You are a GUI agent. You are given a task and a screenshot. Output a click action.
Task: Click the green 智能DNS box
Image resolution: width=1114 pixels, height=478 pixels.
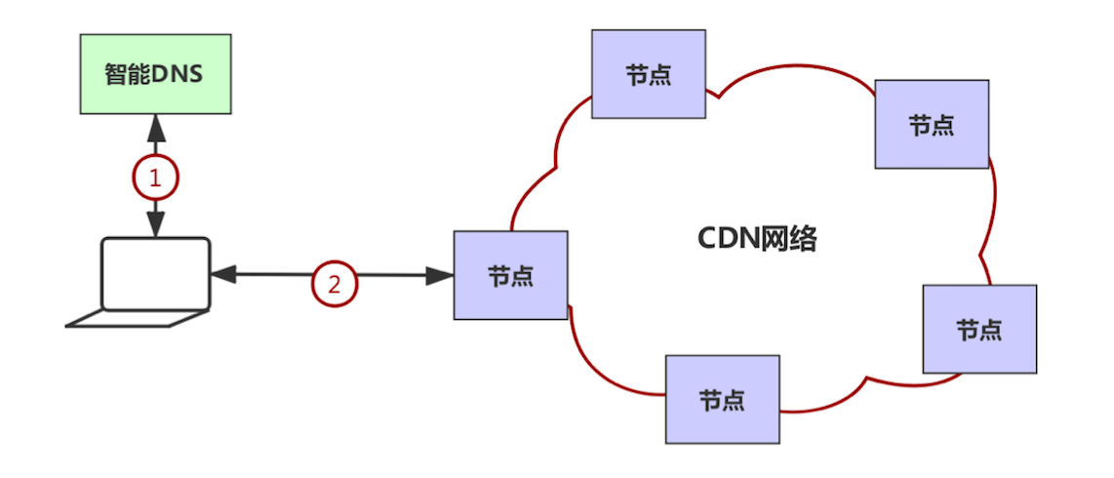tap(155, 73)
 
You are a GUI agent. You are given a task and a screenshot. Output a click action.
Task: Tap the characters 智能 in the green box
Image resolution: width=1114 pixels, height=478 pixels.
tap(126, 74)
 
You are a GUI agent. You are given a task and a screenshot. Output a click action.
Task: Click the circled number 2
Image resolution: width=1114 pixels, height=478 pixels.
tap(335, 284)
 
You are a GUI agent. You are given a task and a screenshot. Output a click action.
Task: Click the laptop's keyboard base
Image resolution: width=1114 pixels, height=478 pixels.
tap(137, 319)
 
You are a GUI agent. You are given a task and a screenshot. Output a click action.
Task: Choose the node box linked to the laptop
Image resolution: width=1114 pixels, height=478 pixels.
tap(510, 274)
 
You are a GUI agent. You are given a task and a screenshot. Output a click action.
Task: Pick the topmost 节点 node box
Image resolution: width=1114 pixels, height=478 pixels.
tap(648, 74)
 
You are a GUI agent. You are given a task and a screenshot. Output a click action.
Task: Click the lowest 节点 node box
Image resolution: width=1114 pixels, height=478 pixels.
tap(722, 399)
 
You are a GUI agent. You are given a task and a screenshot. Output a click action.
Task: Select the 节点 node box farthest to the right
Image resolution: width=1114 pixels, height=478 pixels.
tap(979, 329)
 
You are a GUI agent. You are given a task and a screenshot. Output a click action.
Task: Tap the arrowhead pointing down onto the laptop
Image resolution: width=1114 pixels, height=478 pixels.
tap(156, 226)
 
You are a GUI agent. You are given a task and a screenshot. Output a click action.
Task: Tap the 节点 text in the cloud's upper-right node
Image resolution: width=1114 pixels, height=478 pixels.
tap(932, 125)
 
